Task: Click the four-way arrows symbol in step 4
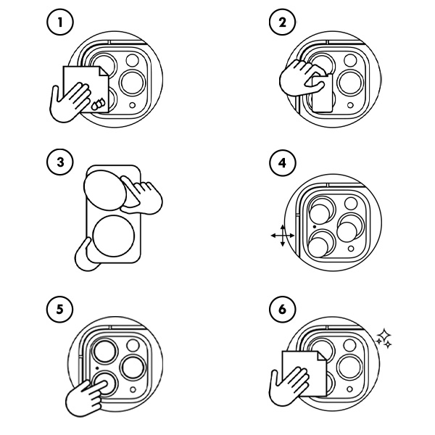281,236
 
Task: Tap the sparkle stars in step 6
385,337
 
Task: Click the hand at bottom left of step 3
86,253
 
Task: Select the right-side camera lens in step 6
352,366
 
